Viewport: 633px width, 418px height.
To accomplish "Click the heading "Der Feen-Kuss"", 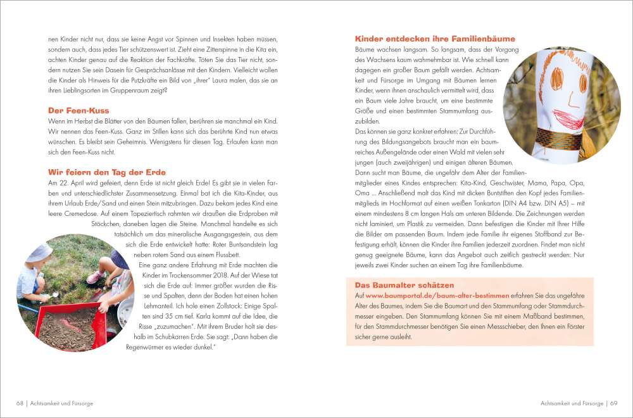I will [x=78, y=110].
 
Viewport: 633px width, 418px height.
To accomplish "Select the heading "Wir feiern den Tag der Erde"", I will [x=107, y=172].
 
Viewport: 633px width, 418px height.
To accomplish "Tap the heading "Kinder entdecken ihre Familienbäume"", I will [x=435, y=39].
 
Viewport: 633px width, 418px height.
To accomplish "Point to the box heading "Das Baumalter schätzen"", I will [x=404, y=285].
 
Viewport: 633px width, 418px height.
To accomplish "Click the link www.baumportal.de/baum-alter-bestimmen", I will [x=437, y=296].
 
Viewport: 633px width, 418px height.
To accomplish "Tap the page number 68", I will [x=20, y=403].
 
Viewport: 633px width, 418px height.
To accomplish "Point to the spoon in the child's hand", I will [x=53, y=294].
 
